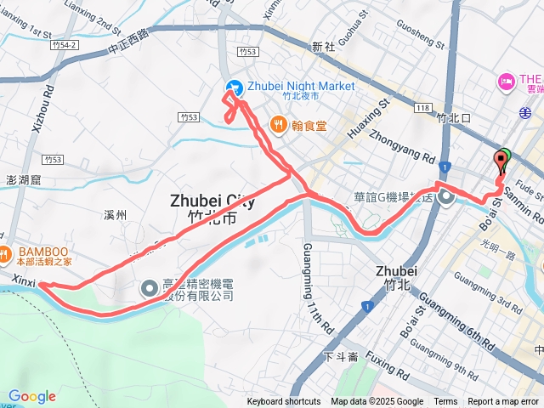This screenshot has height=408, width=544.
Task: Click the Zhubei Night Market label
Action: coord(300,86)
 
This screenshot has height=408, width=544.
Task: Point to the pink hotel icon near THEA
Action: coord(506,82)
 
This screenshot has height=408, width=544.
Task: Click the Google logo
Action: coord(31,396)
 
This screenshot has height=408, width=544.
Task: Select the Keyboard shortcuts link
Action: coord(283,402)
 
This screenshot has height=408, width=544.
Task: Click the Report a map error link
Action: coord(503,402)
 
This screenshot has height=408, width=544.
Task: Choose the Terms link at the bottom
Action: coord(445,402)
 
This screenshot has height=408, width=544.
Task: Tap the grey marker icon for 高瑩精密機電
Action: coord(150,288)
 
